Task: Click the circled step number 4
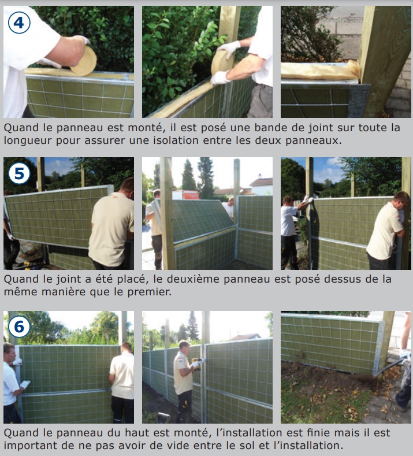pyautogui.click(x=19, y=23)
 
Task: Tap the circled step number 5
pyautogui.click(x=19, y=173)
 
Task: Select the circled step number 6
pyautogui.click(x=19, y=327)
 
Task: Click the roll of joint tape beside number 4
pyautogui.click(x=84, y=61)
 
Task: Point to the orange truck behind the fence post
pyautogui.click(x=186, y=195)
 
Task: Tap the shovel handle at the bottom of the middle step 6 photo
pyautogui.click(x=163, y=417)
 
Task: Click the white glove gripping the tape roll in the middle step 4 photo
pyautogui.click(x=229, y=48)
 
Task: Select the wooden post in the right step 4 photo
pyautogui.click(x=384, y=62)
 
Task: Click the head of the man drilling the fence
pyautogui.click(x=184, y=347)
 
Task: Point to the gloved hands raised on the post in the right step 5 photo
pyautogui.click(x=307, y=199)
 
